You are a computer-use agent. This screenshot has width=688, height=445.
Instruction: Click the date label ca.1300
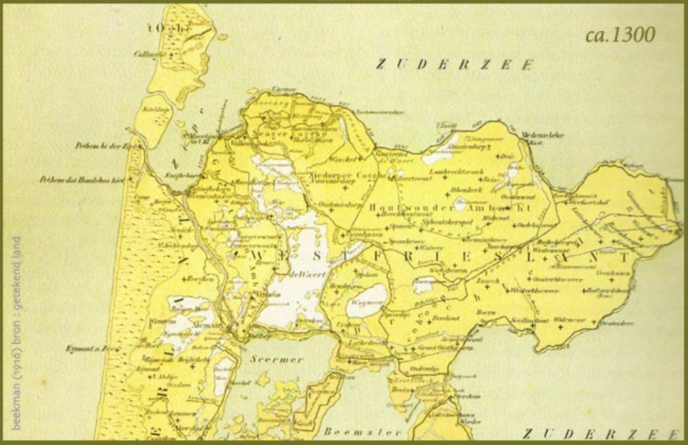(x=620, y=35)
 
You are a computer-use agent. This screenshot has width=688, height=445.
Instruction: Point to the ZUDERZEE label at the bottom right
(x=601, y=433)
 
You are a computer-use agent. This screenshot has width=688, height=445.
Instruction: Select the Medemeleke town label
(x=542, y=135)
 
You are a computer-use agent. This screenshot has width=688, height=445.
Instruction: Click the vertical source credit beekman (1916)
(x=16, y=332)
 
